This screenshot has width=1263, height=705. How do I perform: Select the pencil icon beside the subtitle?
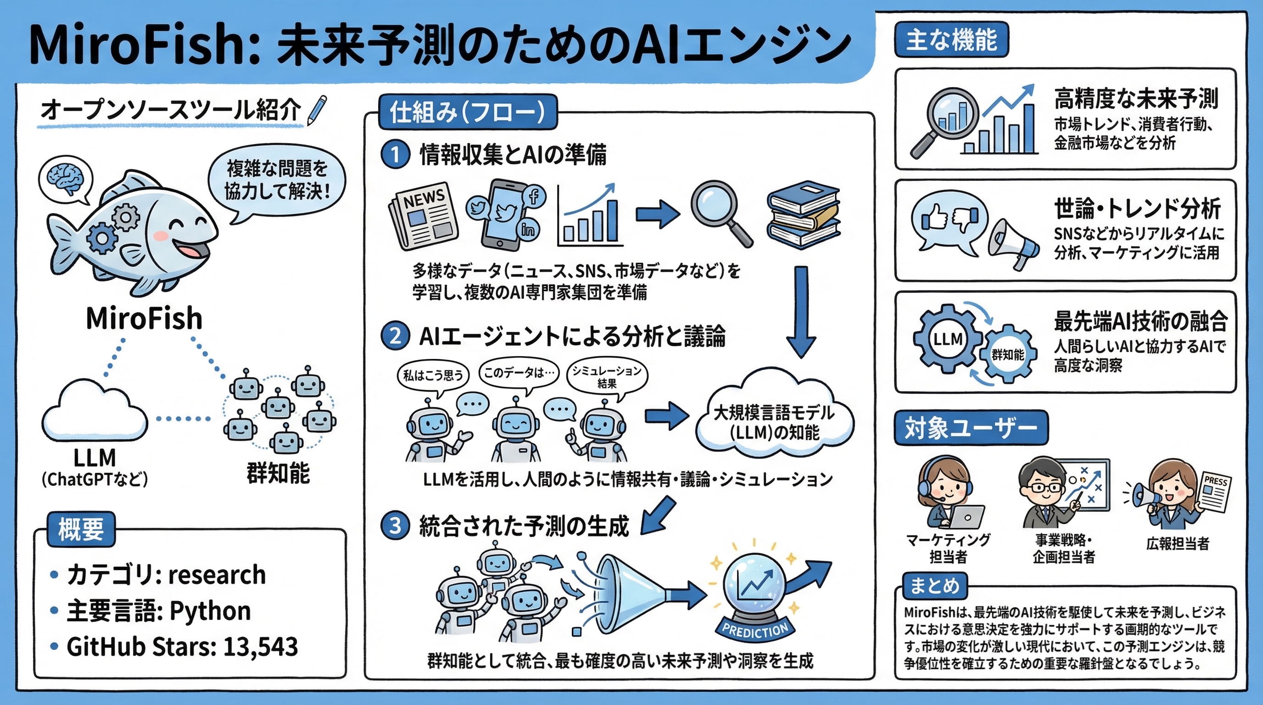tap(316, 110)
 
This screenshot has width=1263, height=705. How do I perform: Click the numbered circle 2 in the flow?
tap(395, 336)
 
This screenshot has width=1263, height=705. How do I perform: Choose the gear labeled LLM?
tap(947, 339)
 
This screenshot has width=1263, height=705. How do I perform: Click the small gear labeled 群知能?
tap(1008, 354)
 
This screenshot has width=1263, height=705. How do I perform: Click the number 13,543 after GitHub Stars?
tap(260, 647)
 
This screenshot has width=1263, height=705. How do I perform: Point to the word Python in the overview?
tap(210, 611)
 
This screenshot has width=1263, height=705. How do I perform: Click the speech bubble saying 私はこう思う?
tap(432, 376)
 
